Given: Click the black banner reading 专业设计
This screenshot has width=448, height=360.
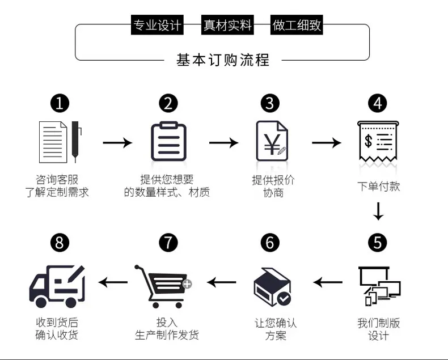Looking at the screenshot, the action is (157, 25).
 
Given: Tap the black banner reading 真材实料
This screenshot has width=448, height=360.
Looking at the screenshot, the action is (227, 25).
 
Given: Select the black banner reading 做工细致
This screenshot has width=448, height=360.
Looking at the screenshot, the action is (297, 25).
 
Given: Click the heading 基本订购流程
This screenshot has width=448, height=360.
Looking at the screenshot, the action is (223, 60).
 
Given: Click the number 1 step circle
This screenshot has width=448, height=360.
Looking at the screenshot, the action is (60, 103).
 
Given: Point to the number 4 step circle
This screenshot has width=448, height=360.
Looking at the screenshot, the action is (378, 103).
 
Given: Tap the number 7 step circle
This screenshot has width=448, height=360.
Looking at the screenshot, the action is (168, 243).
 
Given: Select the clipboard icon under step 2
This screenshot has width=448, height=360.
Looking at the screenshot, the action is (168, 141).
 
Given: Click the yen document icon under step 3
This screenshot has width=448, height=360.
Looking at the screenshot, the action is (272, 141).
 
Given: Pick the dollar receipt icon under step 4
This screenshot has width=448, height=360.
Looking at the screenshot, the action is (378, 142).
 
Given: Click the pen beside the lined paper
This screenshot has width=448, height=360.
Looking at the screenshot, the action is (76, 141).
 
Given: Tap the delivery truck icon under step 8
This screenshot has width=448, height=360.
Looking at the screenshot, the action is (57, 286).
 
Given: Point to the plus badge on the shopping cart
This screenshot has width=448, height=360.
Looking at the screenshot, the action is (187, 284).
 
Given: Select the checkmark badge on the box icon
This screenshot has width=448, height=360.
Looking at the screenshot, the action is (284, 299).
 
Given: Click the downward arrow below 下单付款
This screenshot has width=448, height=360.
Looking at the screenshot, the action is (379, 211).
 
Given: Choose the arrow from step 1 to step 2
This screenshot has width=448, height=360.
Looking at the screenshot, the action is (117, 142).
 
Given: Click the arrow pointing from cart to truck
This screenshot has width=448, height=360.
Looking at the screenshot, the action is (113, 282).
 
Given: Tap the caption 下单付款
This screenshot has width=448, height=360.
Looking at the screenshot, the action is (379, 187).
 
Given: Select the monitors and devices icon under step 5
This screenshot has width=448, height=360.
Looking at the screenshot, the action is (379, 286).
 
